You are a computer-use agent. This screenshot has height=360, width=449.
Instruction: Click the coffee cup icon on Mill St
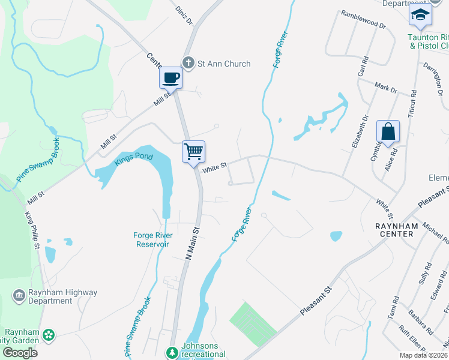tap(172, 77)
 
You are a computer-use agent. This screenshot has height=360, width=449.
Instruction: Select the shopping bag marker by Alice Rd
tap(388, 131)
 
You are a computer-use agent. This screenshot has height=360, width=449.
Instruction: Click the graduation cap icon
tap(420, 15)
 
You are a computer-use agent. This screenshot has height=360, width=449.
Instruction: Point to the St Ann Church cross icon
tap(188, 63)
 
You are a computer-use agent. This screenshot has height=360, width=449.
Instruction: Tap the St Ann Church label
tap(224, 64)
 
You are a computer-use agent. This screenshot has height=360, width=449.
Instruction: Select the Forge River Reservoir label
tap(152, 239)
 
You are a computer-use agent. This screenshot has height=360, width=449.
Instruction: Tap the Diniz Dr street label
tap(184, 16)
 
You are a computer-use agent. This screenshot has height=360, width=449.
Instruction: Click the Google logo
tap(20, 352)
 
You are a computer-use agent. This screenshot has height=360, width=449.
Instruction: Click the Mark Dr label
tap(385, 88)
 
